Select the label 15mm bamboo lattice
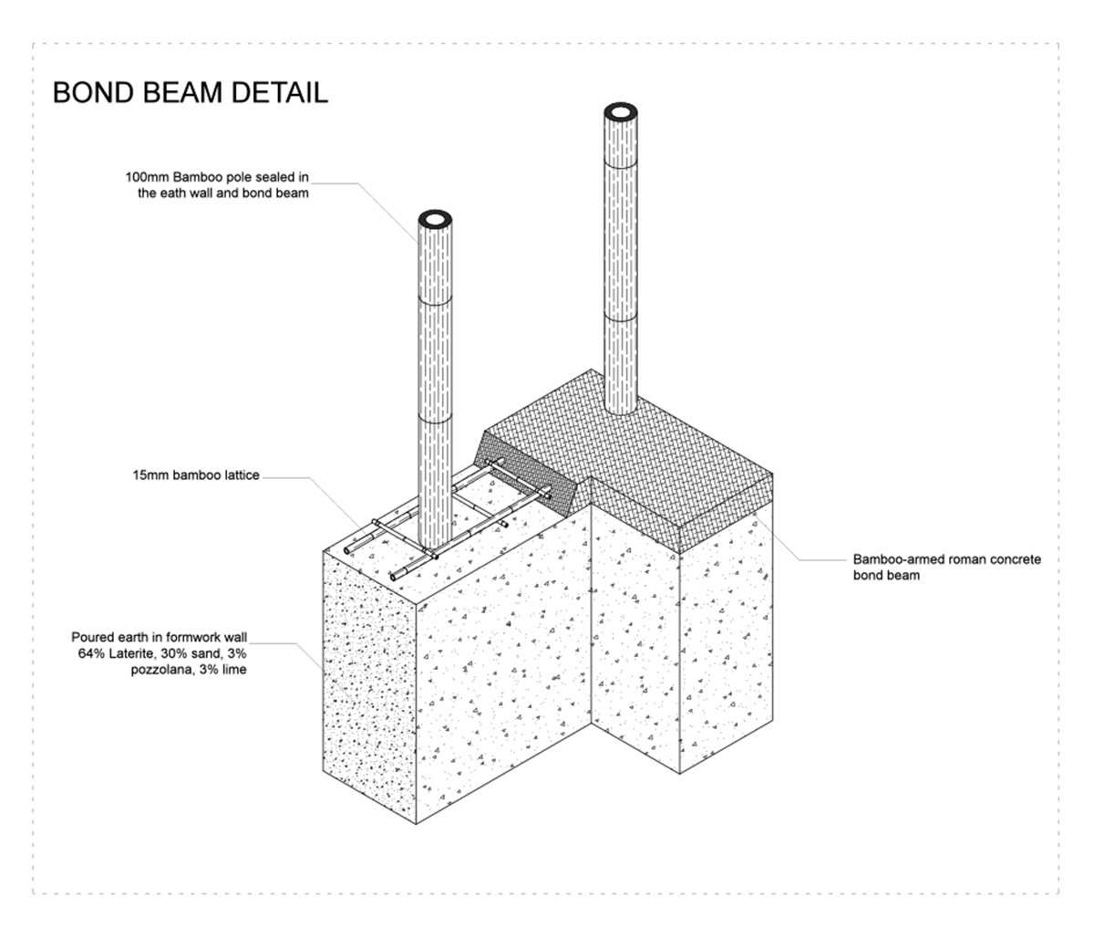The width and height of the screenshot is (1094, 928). pos(196,475)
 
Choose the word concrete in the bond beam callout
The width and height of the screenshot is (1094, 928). pos(1017,559)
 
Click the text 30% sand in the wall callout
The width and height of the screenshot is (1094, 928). pos(194,653)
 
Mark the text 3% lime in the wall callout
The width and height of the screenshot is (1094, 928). pos(225,669)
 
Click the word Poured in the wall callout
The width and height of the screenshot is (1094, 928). pos(91,638)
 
